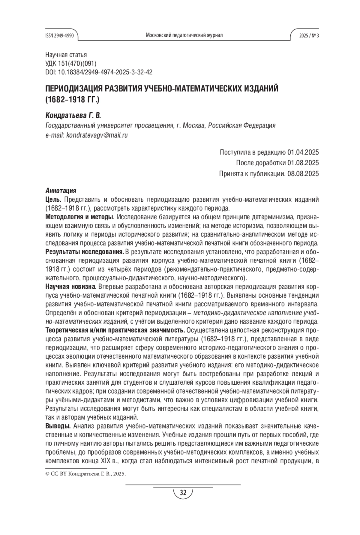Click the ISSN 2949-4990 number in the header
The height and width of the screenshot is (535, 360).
point(59,35)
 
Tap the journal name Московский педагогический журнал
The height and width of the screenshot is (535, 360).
point(184,35)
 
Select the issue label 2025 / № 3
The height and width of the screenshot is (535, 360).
point(309,35)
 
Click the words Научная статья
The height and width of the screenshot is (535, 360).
point(66,55)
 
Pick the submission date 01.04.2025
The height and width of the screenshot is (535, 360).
point(303,152)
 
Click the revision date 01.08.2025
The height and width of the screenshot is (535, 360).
point(303,163)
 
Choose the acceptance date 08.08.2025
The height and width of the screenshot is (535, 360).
point(303,173)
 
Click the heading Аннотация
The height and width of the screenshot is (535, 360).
point(61,191)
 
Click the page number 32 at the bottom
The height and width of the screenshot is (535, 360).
point(183,492)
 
